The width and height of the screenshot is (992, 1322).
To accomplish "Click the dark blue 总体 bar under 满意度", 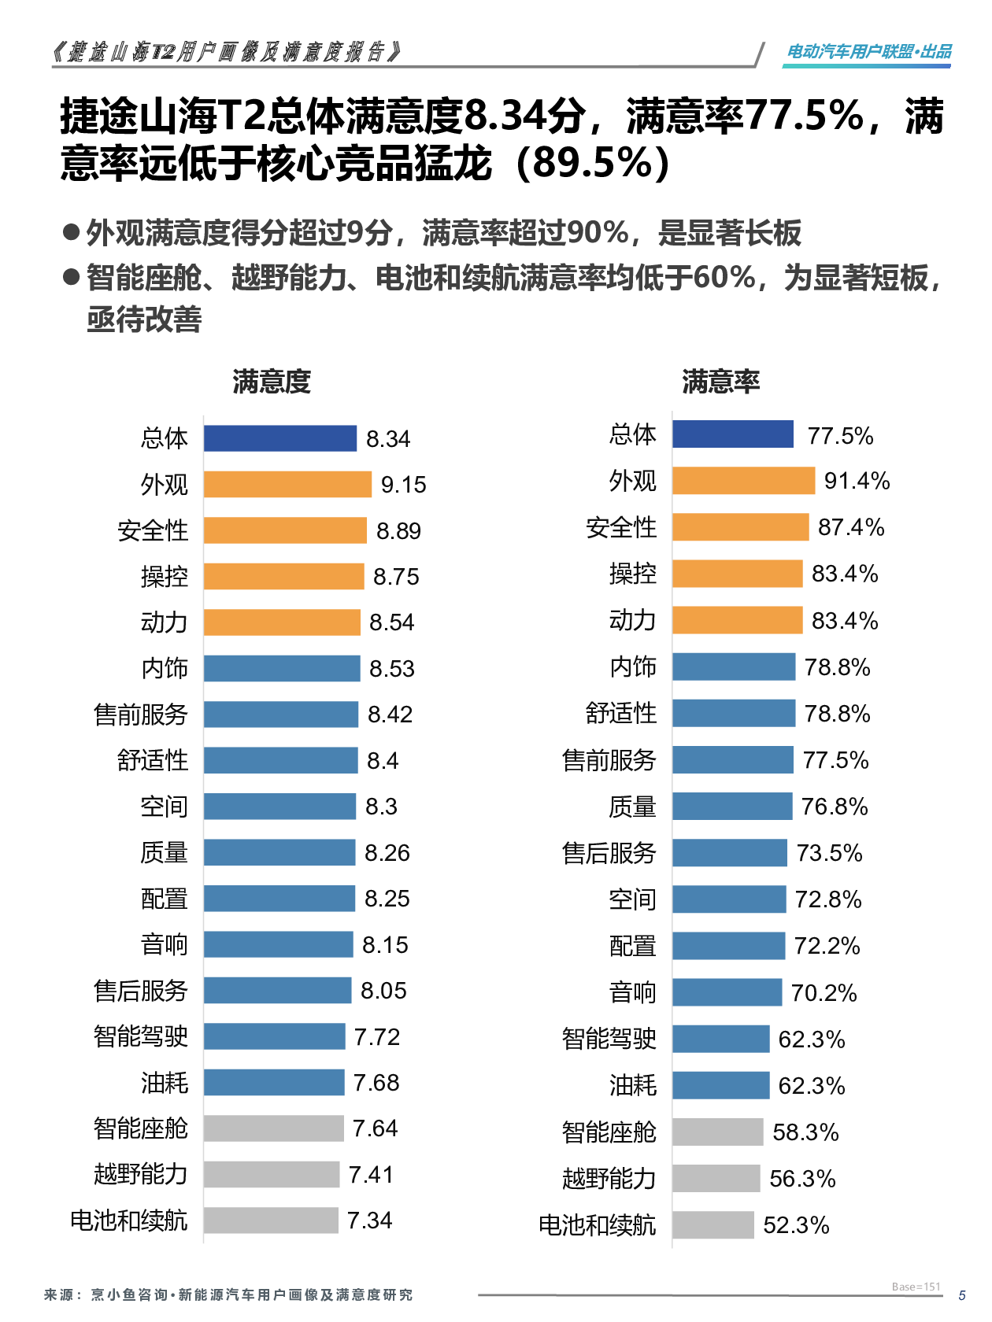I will tap(279, 438).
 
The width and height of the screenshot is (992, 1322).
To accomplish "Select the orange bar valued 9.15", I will tap(287, 484).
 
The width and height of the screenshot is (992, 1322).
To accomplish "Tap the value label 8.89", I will tap(398, 531).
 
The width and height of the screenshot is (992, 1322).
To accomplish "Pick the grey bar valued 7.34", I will tap(271, 1220).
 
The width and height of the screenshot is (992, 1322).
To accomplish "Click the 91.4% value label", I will tap(857, 481).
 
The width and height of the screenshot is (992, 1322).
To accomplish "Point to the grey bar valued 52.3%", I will tap(713, 1225).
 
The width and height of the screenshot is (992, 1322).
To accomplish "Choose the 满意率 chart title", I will tap(720, 382).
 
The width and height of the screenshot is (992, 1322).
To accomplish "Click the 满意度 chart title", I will tap(272, 382).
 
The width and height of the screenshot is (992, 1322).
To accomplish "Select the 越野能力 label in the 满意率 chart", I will tap(609, 1179).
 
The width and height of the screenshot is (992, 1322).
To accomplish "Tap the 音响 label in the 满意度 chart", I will tap(164, 944).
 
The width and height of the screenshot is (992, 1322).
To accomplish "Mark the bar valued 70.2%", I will tap(727, 992).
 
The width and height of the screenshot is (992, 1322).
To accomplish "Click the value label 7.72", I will tap(376, 1037).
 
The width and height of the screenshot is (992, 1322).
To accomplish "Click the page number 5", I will tap(961, 1295).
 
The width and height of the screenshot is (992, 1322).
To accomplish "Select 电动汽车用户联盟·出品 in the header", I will tap(868, 52).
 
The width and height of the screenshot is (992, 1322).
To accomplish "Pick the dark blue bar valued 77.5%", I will tap(732, 434).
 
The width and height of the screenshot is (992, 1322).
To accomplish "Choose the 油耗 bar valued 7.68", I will tap(274, 1083).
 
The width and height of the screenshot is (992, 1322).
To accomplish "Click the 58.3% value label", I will tap(805, 1132).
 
